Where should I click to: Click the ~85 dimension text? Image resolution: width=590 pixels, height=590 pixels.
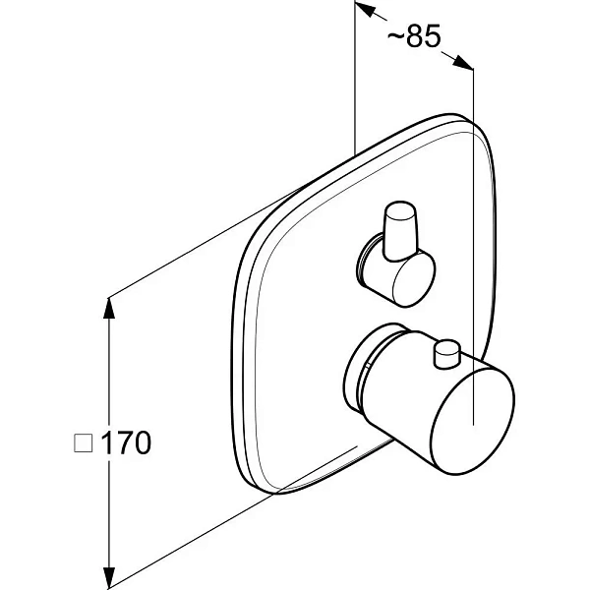click(414, 36)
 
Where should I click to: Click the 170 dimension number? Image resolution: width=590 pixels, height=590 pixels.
click(127, 442)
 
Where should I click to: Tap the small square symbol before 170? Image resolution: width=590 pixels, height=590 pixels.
click(84, 442)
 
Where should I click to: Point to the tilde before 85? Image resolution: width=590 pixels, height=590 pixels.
click(395, 36)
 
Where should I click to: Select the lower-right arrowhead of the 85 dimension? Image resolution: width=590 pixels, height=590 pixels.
click(462, 62)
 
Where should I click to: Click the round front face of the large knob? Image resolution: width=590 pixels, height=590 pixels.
click(473, 422)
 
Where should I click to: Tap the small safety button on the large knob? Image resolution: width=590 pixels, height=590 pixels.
click(446, 353)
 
